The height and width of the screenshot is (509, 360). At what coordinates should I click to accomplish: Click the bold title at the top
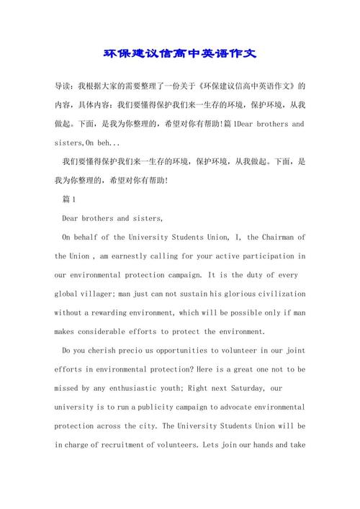pyautogui.click(x=180, y=53)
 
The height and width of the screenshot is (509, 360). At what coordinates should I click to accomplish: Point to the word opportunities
pyautogui.click(x=190, y=351)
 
